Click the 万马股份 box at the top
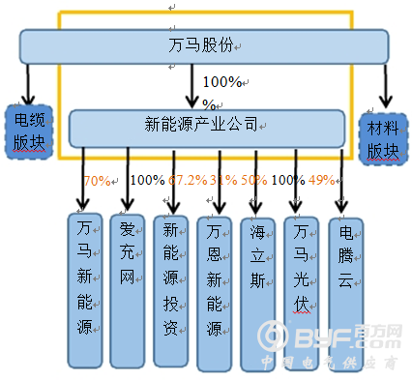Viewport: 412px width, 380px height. (205, 45)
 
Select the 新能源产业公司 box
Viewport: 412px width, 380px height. (206, 126)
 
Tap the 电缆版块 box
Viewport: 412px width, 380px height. (28, 131)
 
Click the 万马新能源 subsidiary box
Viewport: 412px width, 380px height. (86, 288)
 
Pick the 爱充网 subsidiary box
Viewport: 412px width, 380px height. (129, 288)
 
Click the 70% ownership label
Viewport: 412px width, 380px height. (98, 180)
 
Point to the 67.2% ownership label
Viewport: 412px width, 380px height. (188, 180)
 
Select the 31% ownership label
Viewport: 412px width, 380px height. (223, 180)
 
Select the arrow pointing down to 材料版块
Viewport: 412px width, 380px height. (387, 86)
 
